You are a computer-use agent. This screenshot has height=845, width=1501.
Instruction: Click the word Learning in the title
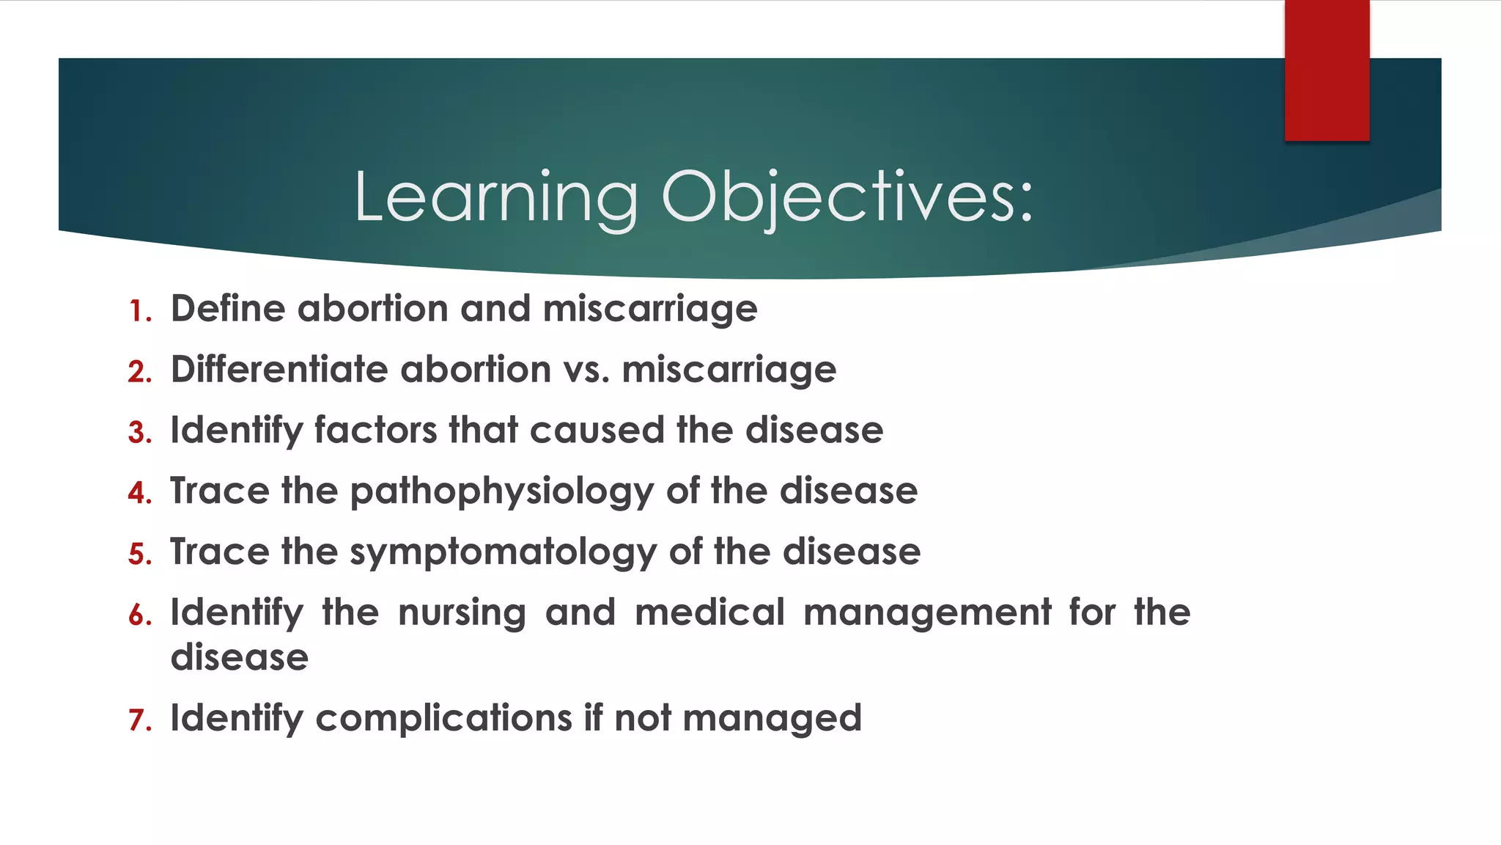(x=496, y=197)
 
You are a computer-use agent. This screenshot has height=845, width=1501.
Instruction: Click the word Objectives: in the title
(x=847, y=197)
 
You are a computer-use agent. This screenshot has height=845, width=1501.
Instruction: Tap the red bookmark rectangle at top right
(x=1327, y=70)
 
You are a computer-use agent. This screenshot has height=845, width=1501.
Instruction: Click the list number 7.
(x=139, y=720)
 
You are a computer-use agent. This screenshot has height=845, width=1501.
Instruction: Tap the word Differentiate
(x=279, y=369)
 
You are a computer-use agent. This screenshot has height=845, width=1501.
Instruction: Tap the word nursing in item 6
(x=462, y=613)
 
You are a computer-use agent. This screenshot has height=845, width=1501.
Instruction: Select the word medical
(x=709, y=612)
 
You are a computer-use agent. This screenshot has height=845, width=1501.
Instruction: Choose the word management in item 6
(x=927, y=613)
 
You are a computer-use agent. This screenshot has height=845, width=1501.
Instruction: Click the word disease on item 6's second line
(x=239, y=657)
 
